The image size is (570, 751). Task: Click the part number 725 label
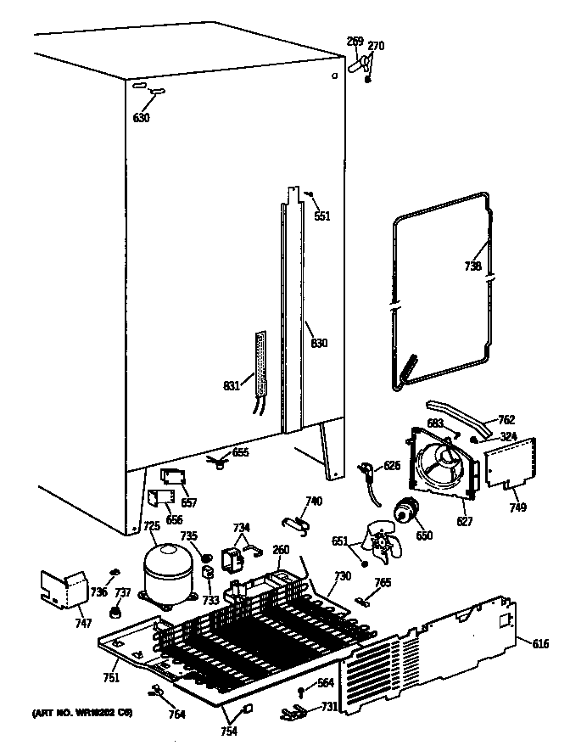click(x=151, y=527)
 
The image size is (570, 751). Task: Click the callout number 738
click(x=473, y=266)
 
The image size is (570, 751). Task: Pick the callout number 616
click(x=540, y=645)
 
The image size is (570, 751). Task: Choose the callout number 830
click(x=319, y=344)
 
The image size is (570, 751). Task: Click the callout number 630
click(x=141, y=118)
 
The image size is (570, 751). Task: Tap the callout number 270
click(x=376, y=46)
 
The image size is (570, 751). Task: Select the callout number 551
click(x=322, y=216)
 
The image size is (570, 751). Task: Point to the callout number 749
click(x=517, y=508)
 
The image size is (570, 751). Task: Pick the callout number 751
click(x=111, y=676)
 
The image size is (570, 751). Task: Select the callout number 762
click(x=506, y=419)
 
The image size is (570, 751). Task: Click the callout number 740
click(x=314, y=502)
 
